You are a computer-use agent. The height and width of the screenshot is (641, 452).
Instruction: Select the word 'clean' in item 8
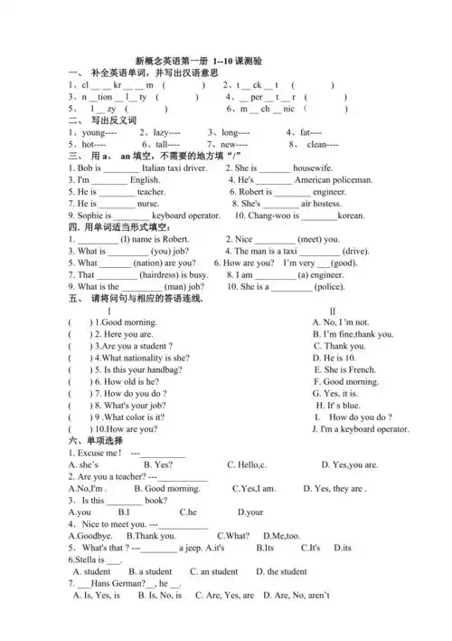click(x=321, y=145)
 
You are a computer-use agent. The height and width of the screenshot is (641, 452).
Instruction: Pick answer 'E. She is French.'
click(x=344, y=369)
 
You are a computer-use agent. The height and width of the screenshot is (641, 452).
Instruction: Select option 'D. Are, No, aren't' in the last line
click(x=296, y=596)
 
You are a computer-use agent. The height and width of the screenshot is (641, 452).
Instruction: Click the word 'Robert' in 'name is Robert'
click(x=176, y=239)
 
